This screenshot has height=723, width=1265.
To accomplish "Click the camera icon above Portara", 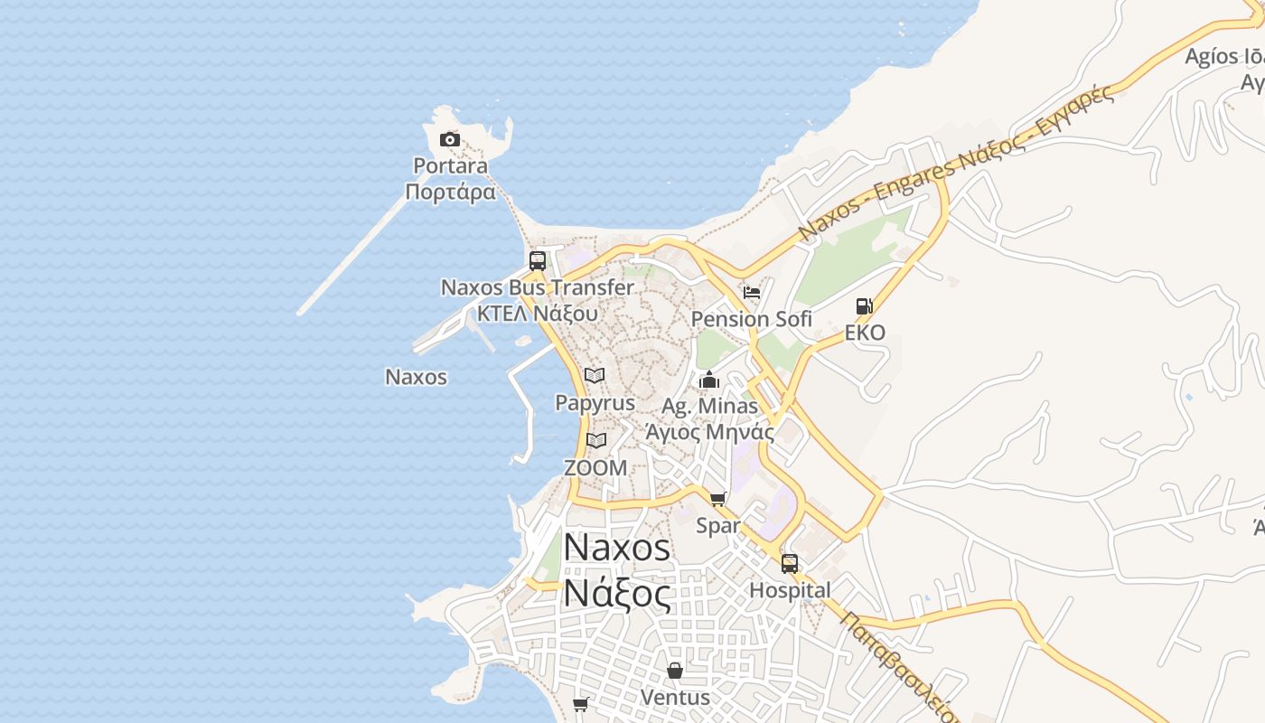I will (449, 139).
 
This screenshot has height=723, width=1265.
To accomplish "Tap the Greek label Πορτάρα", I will (450, 192).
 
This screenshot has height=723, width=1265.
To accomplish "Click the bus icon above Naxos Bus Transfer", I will (538, 261).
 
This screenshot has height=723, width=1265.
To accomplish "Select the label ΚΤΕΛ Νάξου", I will (537, 314).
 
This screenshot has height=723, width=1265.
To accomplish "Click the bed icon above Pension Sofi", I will (751, 292).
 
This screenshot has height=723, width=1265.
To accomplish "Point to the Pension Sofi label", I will (751, 319).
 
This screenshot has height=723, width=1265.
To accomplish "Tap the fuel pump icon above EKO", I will (865, 306).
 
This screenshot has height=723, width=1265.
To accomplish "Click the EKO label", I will (865, 333).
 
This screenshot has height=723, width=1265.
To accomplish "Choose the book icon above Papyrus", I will (595, 375).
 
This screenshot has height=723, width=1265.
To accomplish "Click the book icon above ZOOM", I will (595, 440).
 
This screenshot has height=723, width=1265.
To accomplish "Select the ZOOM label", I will (595, 467).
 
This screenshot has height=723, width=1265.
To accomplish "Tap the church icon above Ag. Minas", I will (709, 380).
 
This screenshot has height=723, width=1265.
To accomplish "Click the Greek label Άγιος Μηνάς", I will (709, 431).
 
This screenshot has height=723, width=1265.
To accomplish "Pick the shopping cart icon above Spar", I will (718, 499).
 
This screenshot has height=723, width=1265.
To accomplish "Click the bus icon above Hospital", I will (790, 564).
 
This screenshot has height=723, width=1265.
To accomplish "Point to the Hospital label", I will (790, 590).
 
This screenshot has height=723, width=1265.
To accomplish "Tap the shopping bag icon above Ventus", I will (675, 671).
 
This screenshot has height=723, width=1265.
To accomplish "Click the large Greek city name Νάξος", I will (617, 594).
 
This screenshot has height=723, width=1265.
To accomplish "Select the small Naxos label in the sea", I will (416, 377).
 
